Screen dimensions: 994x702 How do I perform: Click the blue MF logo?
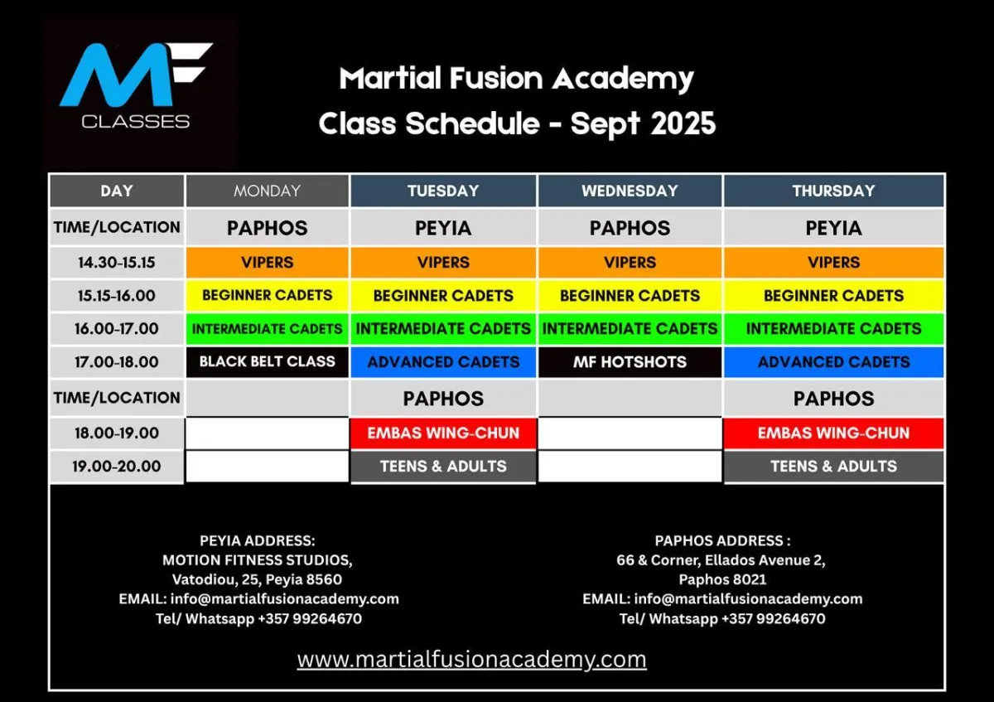pos(136,75)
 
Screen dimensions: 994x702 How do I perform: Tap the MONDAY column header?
pos(267,191)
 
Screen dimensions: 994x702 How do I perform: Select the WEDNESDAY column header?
pos(630,191)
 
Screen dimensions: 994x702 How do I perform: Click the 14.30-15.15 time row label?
pos(117,263)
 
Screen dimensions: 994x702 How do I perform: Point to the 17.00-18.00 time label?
pos(117,362)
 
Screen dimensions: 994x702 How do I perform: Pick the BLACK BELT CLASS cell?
pos(267,362)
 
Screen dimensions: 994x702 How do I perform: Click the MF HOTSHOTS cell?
pos(630,362)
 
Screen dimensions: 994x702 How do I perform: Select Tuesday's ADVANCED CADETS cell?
pos(443,362)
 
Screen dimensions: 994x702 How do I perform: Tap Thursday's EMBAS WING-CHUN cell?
pos(834,433)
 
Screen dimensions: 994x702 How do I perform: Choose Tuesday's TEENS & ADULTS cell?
pos(443,467)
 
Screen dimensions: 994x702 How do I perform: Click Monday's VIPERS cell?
pos(267,263)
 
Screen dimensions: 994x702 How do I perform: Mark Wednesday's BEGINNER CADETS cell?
pos(630,296)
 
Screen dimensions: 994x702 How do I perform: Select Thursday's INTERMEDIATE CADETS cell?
pos(834,328)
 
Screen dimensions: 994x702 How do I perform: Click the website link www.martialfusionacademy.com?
pos(471,660)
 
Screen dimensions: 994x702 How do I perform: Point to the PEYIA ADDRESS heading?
pos(258,541)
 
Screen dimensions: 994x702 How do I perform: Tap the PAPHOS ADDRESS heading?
pos(722,541)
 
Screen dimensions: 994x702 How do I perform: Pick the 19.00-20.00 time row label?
pos(117,467)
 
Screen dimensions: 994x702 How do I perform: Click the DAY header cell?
pos(117,191)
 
